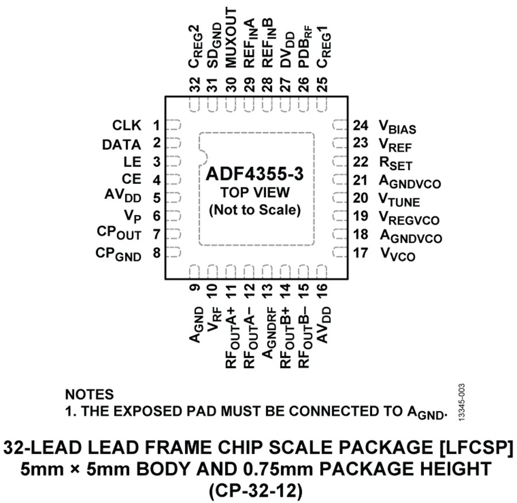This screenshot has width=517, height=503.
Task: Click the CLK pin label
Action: click(x=127, y=125)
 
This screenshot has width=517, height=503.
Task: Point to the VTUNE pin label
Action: click(x=399, y=201)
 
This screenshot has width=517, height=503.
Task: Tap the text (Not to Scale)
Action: click(x=256, y=210)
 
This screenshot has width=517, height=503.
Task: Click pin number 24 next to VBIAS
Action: click(x=361, y=125)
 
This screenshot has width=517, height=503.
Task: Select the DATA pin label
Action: click(x=122, y=144)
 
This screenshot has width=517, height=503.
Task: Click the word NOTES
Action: click(x=90, y=394)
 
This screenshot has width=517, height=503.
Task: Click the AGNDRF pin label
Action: click(x=267, y=327)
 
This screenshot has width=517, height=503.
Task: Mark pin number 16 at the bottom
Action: click(x=322, y=289)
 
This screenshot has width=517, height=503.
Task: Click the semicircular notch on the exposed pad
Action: click(x=202, y=156)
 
